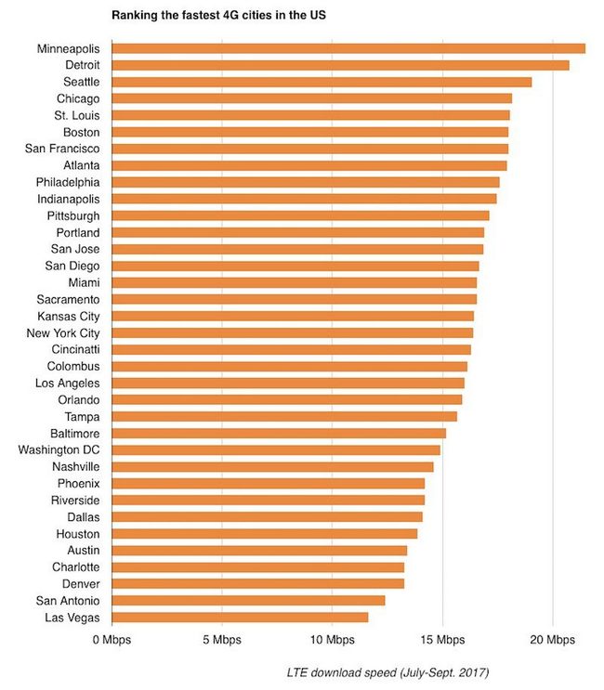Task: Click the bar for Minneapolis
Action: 348,48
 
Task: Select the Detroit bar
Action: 340,65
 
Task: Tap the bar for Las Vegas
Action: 240,618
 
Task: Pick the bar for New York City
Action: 292,332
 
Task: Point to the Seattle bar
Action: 322,82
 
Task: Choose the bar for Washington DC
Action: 275,450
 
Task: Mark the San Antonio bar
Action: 248,601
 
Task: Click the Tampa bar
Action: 284,416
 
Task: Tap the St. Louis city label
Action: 78,115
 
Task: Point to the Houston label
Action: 79,534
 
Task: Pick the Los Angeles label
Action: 68,383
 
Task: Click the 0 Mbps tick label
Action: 111,640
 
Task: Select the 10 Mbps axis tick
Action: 332,640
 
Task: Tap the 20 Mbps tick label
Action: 553,640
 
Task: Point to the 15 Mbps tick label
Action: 442,640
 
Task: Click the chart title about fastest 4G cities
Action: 218,16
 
